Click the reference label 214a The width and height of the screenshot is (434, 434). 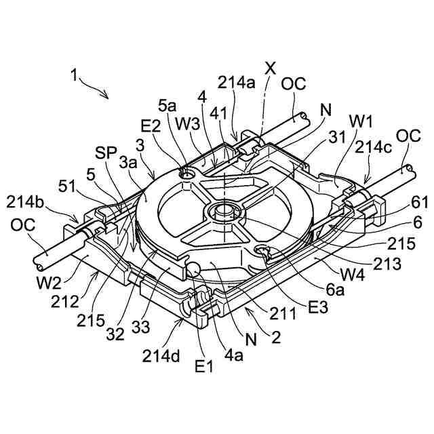click(x=236, y=83)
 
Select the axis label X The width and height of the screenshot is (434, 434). click(x=270, y=68)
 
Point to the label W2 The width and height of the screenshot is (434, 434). click(x=49, y=283)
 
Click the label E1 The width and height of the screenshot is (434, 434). click(x=204, y=367)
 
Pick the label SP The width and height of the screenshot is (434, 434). click(x=105, y=153)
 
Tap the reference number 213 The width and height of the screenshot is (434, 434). click(x=387, y=264)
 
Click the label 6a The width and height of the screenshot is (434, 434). click(x=334, y=290)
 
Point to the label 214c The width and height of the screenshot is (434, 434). click(x=373, y=147)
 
